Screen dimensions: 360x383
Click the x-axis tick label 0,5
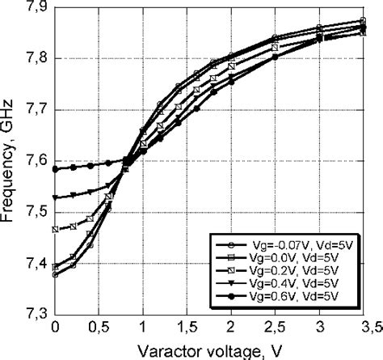[99, 327]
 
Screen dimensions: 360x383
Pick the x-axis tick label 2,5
[274, 327]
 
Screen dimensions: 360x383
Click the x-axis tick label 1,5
[186, 327]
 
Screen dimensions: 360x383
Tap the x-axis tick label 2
[230, 327]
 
